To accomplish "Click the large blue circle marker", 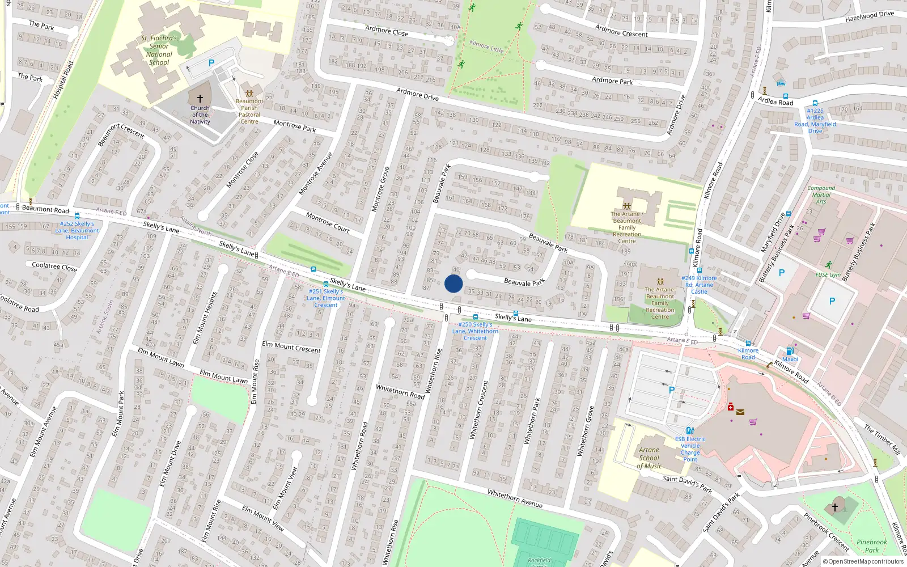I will click(x=453, y=283).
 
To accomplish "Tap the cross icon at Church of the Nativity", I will click(x=200, y=99).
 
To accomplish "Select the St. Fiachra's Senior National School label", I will click(x=159, y=50).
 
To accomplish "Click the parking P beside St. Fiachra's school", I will click(x=211, y=64).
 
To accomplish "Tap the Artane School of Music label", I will click(x=649, y=458).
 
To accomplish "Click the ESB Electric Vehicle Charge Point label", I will click(x=690, y=449).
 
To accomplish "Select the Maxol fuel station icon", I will click(x=790, y=351).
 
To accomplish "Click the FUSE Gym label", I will click(x=828, y=275).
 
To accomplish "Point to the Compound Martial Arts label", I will click(x=821, y=194).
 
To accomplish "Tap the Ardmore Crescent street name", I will click(x=621, y=30).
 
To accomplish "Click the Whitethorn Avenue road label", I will click(x=515, y=499).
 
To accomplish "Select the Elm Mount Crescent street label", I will click(x=291, y=346).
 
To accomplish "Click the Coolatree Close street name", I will click(x=54, y=266).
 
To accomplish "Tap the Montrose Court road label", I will click(x=328, y=222).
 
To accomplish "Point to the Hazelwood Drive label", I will click(x=869, y=17).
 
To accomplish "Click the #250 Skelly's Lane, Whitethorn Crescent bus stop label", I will click(x=475, y=331).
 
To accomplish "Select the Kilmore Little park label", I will click(x=486, y=46).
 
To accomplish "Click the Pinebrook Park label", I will click(x=872, y=546).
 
